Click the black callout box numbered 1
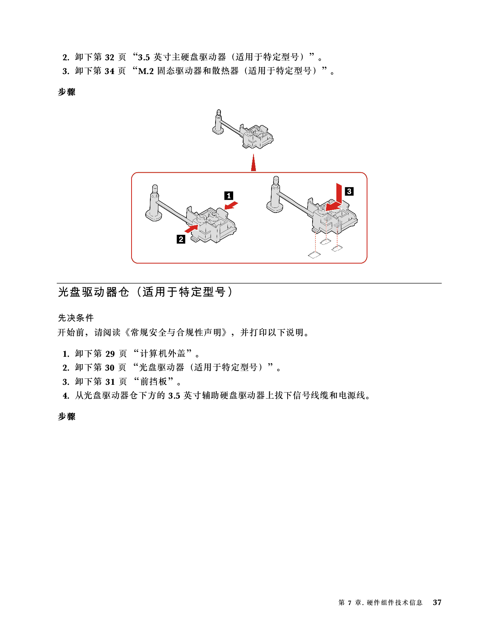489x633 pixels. [x=229, y=196]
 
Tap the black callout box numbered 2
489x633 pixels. [x=181, y=239]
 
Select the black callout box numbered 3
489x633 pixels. [x=349, y=191]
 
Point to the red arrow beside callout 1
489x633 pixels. [x=231, y=206]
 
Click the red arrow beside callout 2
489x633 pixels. [x=191, y=228]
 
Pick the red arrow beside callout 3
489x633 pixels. [x=336, y=201]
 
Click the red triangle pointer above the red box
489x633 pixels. [x=254, y=163]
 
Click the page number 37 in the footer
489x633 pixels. [x=437, y=602]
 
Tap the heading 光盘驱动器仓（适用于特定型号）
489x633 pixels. [x=146, y=292]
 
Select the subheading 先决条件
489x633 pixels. [x=76, y=318]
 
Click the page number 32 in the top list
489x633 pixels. [x=110, y=58]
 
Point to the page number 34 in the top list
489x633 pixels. [x=110, y=71]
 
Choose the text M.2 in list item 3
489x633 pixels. [x=146, y=71]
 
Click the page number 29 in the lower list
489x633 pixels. [x=110, y=354]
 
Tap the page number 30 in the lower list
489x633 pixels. [x=110, y=368]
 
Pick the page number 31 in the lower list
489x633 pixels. [x=110, y=382]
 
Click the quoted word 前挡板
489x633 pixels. [x=154, y=382]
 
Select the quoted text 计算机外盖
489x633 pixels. [x=163, y=354]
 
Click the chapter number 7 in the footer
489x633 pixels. [x=350, y=603]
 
